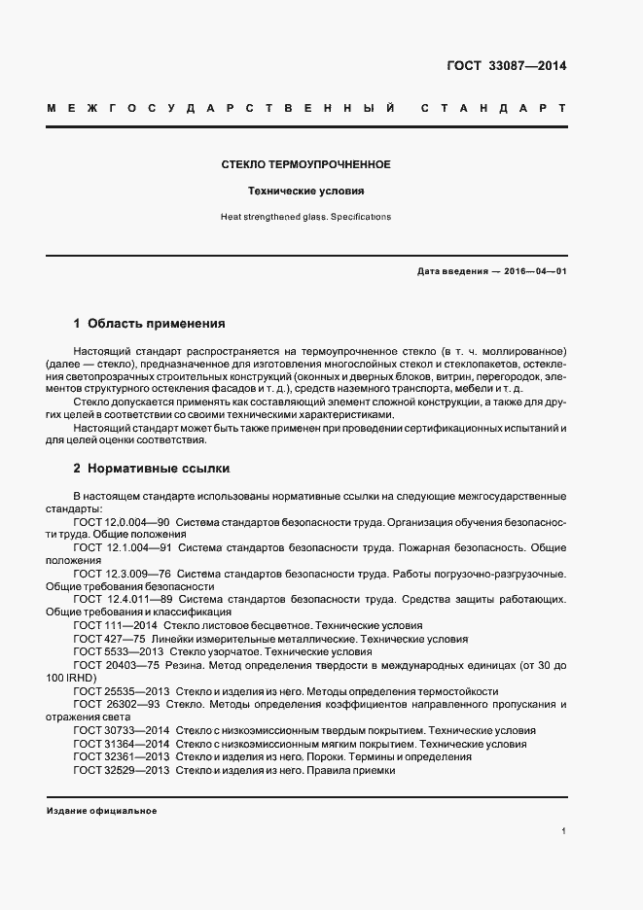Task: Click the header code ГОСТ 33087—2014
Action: pos(506,66)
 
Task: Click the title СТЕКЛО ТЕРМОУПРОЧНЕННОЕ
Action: pos(306,164)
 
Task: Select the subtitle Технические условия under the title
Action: pos(306,192)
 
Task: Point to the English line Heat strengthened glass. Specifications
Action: pos(306,217)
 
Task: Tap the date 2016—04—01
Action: pos(536,271)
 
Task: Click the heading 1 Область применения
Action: pos(150,323)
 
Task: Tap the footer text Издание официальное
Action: pos(101,811)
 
